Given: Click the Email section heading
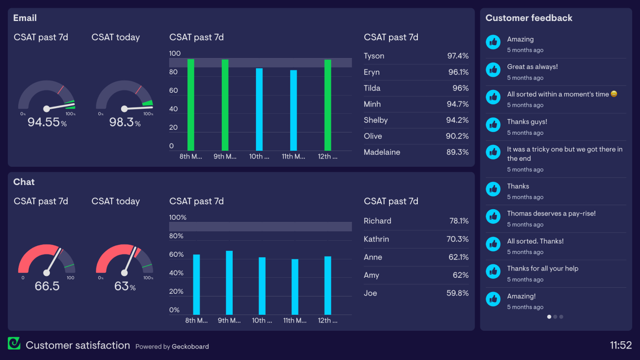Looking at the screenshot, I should pos(25,18).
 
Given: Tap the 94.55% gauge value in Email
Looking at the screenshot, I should pos(47,122).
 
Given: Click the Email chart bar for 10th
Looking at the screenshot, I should pos(259,110).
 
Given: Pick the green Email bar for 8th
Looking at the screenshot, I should pos(191,105).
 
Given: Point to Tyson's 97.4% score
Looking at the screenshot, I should pos(457,56).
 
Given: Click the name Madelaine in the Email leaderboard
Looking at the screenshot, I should pos(382,152).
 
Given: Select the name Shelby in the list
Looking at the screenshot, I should pos(375,120).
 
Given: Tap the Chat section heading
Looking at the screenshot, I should pos(24,182).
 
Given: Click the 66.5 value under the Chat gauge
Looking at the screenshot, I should pos(47,286).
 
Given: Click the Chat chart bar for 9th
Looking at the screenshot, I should pos(229,283).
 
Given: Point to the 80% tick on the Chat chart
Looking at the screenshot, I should pos(176,236).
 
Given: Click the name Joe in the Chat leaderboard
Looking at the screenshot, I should pos(370,293).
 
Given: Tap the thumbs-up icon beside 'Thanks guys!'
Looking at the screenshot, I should pos(493,125).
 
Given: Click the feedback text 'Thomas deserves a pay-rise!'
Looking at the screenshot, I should pos(551,214).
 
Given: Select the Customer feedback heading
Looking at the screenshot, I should pos(528,18).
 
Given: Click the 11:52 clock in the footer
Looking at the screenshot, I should pos(620,345).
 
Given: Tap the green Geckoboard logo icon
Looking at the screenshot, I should pos(14,344).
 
